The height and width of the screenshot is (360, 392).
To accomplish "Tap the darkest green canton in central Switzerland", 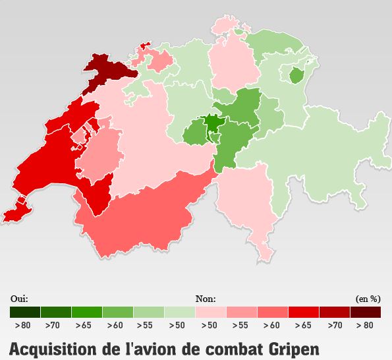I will (213, 123).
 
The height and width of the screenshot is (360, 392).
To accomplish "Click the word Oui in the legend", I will (19, 299).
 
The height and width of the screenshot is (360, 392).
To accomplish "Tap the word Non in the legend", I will (206, 299).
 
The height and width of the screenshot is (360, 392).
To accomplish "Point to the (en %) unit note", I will (368, 299).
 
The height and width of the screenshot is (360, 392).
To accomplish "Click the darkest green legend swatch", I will (25, 312).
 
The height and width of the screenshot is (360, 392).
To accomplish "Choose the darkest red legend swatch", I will (365, 312).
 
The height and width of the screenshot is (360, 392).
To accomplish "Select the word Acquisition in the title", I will (50, 348).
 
